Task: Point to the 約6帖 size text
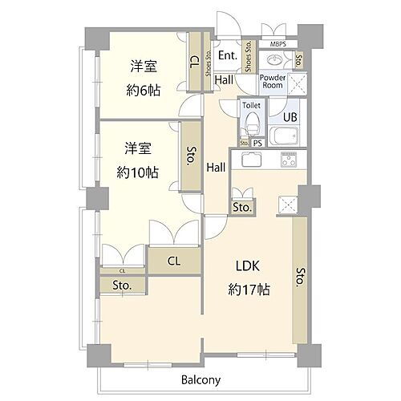click(144, 90)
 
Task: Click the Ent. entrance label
click(227, 56)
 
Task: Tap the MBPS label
click(278, 44)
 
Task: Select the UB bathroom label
click(290, 116)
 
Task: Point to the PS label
click(258, 144)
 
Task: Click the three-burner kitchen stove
click(290, 159)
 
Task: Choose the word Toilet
click(251, 105)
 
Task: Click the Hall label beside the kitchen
click(215, 167)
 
